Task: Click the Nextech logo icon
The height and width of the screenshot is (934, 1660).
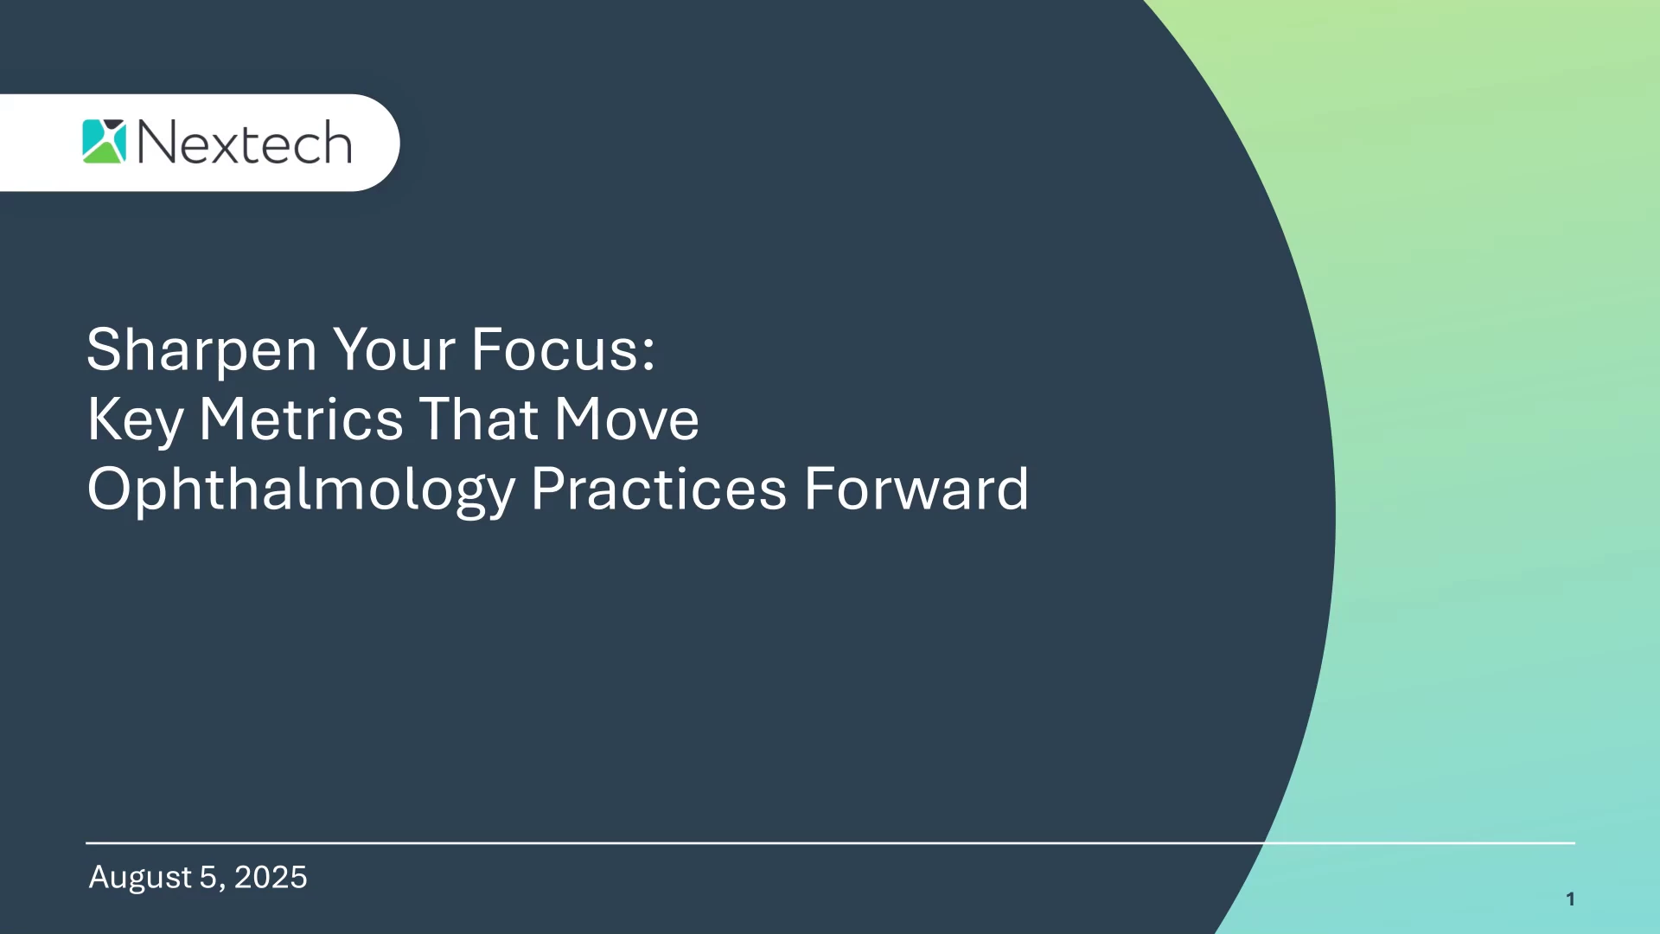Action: (x=105, y=142)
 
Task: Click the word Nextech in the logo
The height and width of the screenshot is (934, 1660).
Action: (x=245, y=143)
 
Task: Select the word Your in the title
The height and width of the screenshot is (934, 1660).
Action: (x=394, y=349)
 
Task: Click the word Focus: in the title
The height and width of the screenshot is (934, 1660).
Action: (x=563, y=349)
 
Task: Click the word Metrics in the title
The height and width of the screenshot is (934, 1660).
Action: (x=301, y=419)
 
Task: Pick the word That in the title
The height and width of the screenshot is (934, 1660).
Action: (x=479, y=419)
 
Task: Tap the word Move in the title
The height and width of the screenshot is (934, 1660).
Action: (x=627, y=419)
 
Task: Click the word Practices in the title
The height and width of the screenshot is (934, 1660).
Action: (x=659, y=489)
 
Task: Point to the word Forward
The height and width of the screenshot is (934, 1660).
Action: (x=916, y=489)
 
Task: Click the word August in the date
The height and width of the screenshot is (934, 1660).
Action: (x=140, y=879)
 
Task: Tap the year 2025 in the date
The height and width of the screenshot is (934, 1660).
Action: (x=271, y=877)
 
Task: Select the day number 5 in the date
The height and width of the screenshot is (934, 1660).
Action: (x=207, y=877)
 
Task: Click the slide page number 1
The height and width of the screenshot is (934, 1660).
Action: (x=1570, y=899)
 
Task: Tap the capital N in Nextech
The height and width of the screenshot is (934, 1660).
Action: (x=157, y=143)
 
